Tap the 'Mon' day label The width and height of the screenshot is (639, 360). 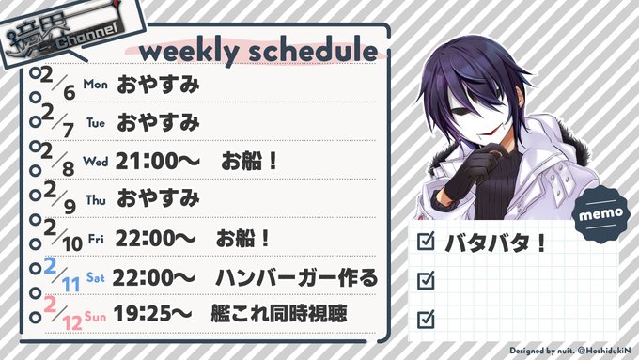[x=95, y=85]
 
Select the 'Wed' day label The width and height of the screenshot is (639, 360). [x=95, y=162]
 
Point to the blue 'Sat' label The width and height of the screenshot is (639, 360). [x=95, y=277]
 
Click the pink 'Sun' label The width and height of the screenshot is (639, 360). [x=95, y=317]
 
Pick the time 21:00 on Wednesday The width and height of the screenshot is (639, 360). [x=157, y=162]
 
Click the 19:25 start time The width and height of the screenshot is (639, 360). [x=152, y=314]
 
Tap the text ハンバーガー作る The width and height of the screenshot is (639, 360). [x=296, y=278]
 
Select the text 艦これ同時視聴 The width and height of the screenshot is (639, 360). [x=279, y=314]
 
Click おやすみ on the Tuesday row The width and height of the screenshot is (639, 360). [x=158, y=123]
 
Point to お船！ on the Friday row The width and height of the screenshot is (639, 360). [x=242, y=239]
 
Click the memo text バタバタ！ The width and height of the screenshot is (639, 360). [x=495, y=243]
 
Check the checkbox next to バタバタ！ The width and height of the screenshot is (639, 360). [x=426, y=242]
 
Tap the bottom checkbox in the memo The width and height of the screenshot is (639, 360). [x=426, y=319]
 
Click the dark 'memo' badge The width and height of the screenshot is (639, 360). [x=601, y=213]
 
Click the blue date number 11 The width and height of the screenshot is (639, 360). [x=70, y=284]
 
